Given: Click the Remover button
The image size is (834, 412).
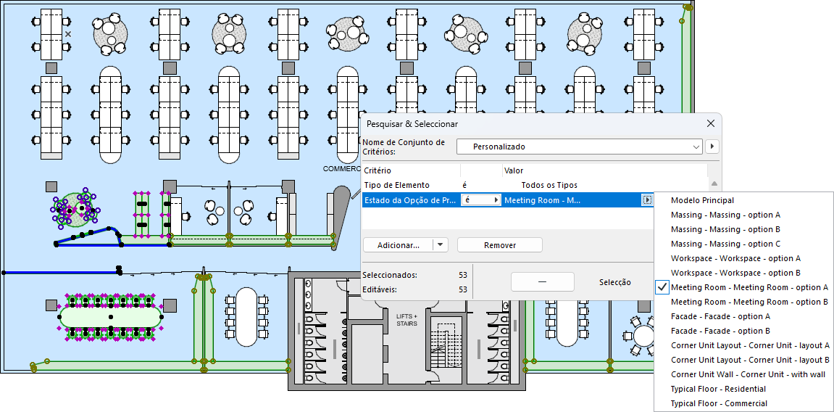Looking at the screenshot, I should click(x=499, y=245).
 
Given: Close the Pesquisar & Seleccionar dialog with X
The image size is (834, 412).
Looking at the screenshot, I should click(x=711, y=124).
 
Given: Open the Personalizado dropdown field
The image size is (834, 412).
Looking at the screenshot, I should click(x=580, y=147).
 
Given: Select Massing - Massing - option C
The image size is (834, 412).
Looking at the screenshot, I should click(x=725, y=244).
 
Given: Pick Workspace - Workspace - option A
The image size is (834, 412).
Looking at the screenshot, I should click(x=735, y=258).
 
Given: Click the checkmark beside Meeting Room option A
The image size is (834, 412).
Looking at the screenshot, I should click(x=662, y=287).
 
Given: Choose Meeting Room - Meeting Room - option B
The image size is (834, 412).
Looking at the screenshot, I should click(x=749, y=302).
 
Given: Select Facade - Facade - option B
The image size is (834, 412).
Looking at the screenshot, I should click(x=720, y=331).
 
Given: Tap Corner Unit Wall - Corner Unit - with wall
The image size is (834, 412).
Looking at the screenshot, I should click(x=748, y=374).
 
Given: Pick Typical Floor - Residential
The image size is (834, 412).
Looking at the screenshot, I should click(x=719, y=389).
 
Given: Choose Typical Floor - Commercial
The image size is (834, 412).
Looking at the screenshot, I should click(x=719, y=403).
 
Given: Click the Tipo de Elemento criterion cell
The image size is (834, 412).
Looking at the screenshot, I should click(x=396, y=185).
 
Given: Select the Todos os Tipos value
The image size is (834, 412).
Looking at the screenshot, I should click(x=549, y=185).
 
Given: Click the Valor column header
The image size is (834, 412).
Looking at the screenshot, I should click(x=514, y=170).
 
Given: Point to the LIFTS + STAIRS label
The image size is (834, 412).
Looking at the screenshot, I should click(x=407, y=319).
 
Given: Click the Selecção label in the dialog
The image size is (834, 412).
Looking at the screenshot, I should click(x=614, y=282).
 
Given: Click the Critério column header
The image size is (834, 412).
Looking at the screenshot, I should click(x=378, y=170).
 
